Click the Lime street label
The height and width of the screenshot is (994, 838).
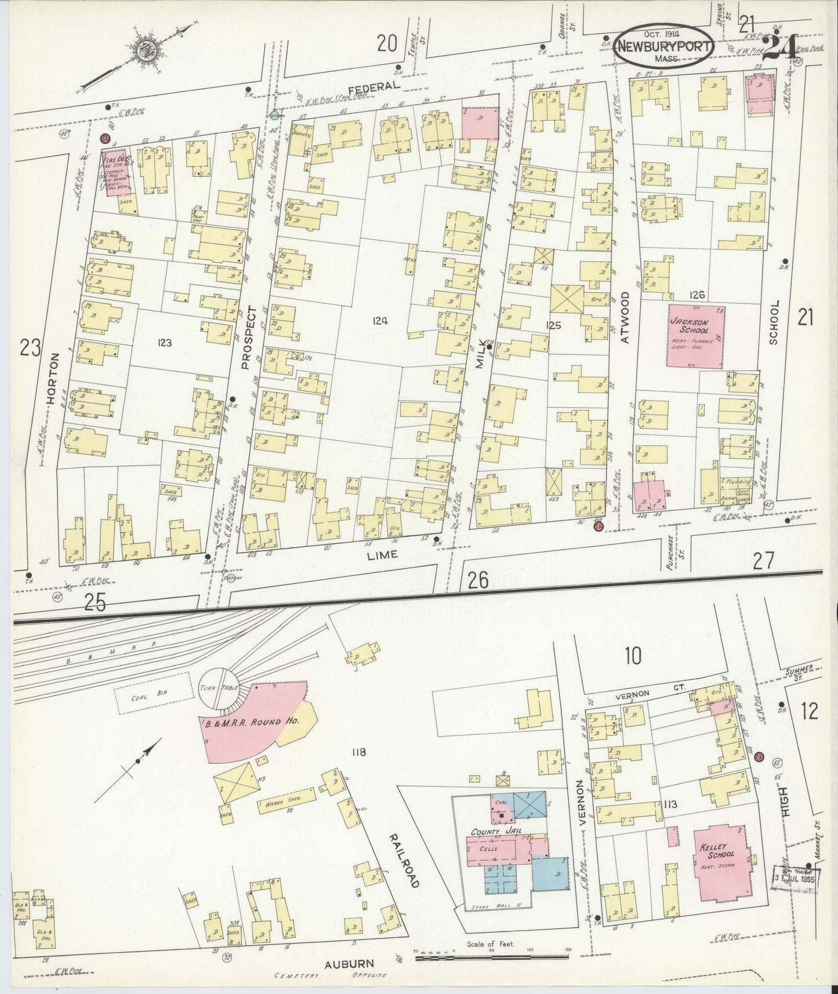[x=383, y=554]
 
